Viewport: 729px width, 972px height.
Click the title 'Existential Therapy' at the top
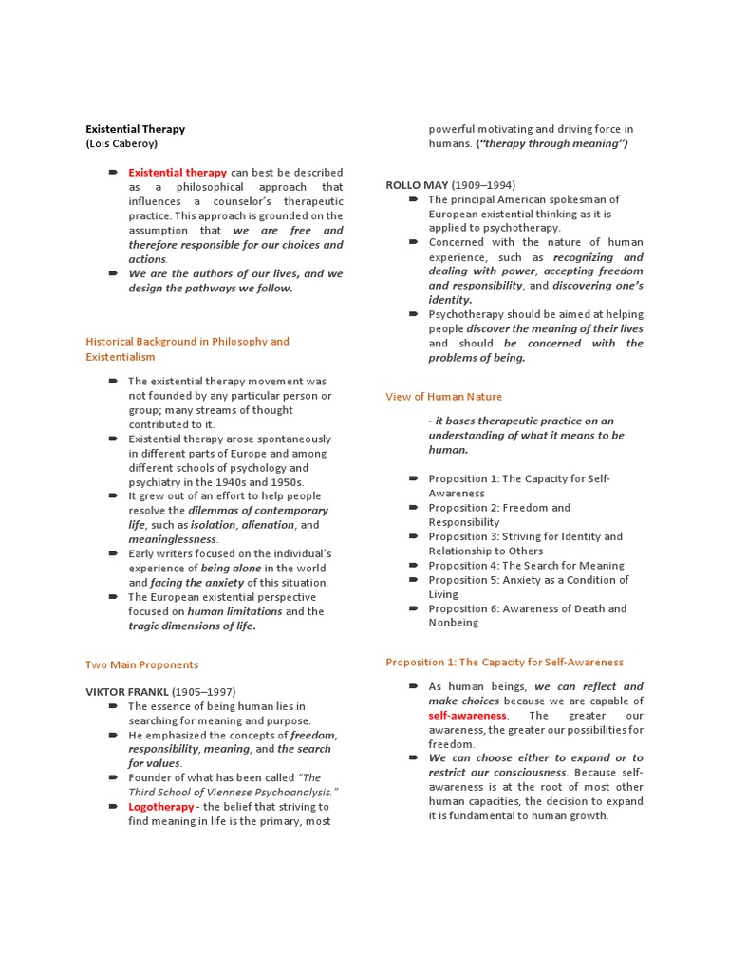(x=136, y=129)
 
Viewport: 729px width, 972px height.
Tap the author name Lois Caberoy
(x=121, y=144)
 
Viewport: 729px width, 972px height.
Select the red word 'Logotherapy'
(x=161, y=806)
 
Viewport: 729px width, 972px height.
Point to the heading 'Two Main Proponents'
(x=142, y=664)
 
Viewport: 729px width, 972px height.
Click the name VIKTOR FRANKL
(x=126, y=691)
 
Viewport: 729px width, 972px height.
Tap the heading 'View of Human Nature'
(x=443, y=397)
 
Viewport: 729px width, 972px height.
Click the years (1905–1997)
(x=203, y=691)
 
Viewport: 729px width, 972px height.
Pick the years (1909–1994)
(x=483, y=184)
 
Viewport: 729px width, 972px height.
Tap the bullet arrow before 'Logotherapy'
(x=113, y=806)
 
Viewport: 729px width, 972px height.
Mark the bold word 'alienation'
(x=268, y=525)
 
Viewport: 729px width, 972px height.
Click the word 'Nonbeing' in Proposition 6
(x=453, y=623)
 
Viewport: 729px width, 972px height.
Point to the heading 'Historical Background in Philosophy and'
(x=187, y=342)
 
